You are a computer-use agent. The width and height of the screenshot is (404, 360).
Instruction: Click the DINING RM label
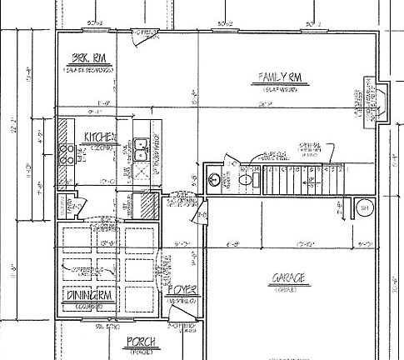click(86, 296)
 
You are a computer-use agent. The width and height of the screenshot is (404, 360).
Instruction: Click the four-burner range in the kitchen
click(65, 152)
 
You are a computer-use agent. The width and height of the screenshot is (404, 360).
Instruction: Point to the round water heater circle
click(365, 207)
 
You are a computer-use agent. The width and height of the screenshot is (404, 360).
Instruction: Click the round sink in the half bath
click(216, 178)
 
